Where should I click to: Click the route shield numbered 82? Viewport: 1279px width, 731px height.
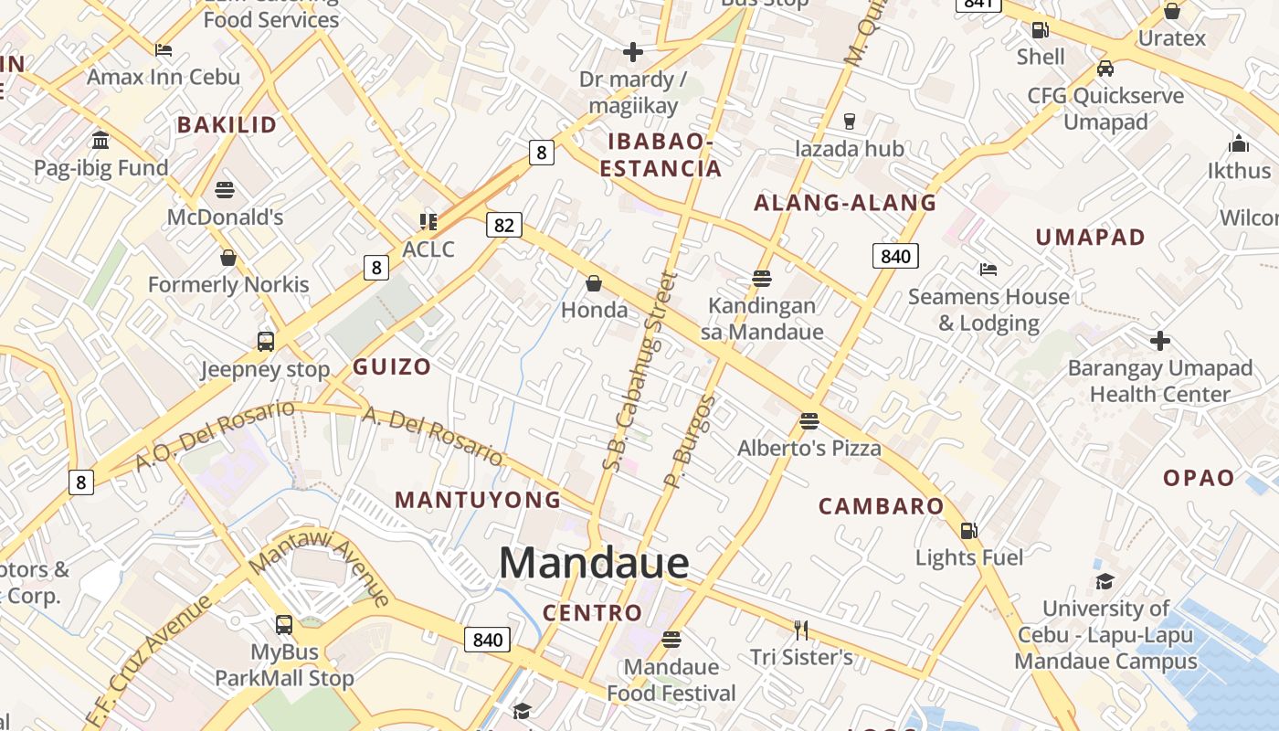pos(504,225)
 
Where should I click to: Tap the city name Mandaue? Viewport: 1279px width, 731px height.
pos(594,562)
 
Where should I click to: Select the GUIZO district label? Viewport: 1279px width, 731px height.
pos(392,367)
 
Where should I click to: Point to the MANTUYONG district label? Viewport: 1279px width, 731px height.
pos(478,500)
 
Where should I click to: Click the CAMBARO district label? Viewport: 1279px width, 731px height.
pos(881,506)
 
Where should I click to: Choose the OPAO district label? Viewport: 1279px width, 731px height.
pos(1199,478)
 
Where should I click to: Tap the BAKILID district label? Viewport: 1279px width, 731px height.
pos(227,125)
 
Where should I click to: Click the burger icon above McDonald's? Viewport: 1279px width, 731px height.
pos(225,190)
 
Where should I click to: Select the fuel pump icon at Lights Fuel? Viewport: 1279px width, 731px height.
pos(968,530)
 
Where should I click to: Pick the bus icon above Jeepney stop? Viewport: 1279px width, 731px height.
pos(265,342)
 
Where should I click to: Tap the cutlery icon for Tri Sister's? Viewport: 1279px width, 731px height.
pos(801,630)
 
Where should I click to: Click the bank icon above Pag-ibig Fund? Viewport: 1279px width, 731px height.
pos(100,141)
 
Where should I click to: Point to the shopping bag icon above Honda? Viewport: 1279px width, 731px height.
pos(594,283)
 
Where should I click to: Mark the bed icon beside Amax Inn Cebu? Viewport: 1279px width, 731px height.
pos(164,49)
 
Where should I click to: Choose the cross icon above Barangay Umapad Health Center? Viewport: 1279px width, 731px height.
pos(1160,341)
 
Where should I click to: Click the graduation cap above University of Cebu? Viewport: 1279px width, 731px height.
pos(1105,581)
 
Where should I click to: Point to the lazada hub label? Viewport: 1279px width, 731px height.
pos(850,149)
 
